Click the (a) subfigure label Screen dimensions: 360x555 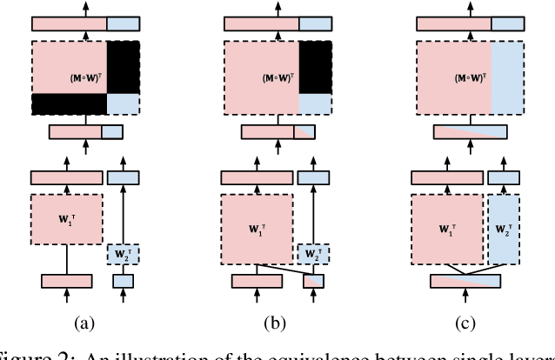pyautogui.click(x=84, y=323)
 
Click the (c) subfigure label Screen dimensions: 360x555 pyautogui.click(x=464, y=323)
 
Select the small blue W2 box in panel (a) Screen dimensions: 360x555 pyautogui.click(x=124, y=254)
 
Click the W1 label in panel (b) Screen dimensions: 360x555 pyautogui.click(x=256, y=233)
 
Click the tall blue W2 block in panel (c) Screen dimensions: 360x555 pyautogui.click(x=502, y=233)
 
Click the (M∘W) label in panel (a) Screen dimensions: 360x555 pyautogui.click(x=84, y=77)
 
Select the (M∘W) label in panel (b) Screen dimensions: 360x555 pyautogui.click(x=273, y=77)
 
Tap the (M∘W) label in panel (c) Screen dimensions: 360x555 pyautogui.click(x=463, y=77)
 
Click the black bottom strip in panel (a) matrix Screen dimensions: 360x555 pyautogui.click(x=69, y=104)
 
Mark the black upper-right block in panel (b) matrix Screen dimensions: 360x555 pyautogui.click(x=315, y=68)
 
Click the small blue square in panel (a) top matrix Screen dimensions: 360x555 pyautogui.click(x=123, y=104)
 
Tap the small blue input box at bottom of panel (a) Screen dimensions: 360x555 pyautogui.click(x=124, y=281)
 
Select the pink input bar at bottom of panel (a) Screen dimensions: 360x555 pyautogui.click(x=67, y=281)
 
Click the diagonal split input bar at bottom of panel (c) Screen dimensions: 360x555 pyautogui.click(x=466, y=281)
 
